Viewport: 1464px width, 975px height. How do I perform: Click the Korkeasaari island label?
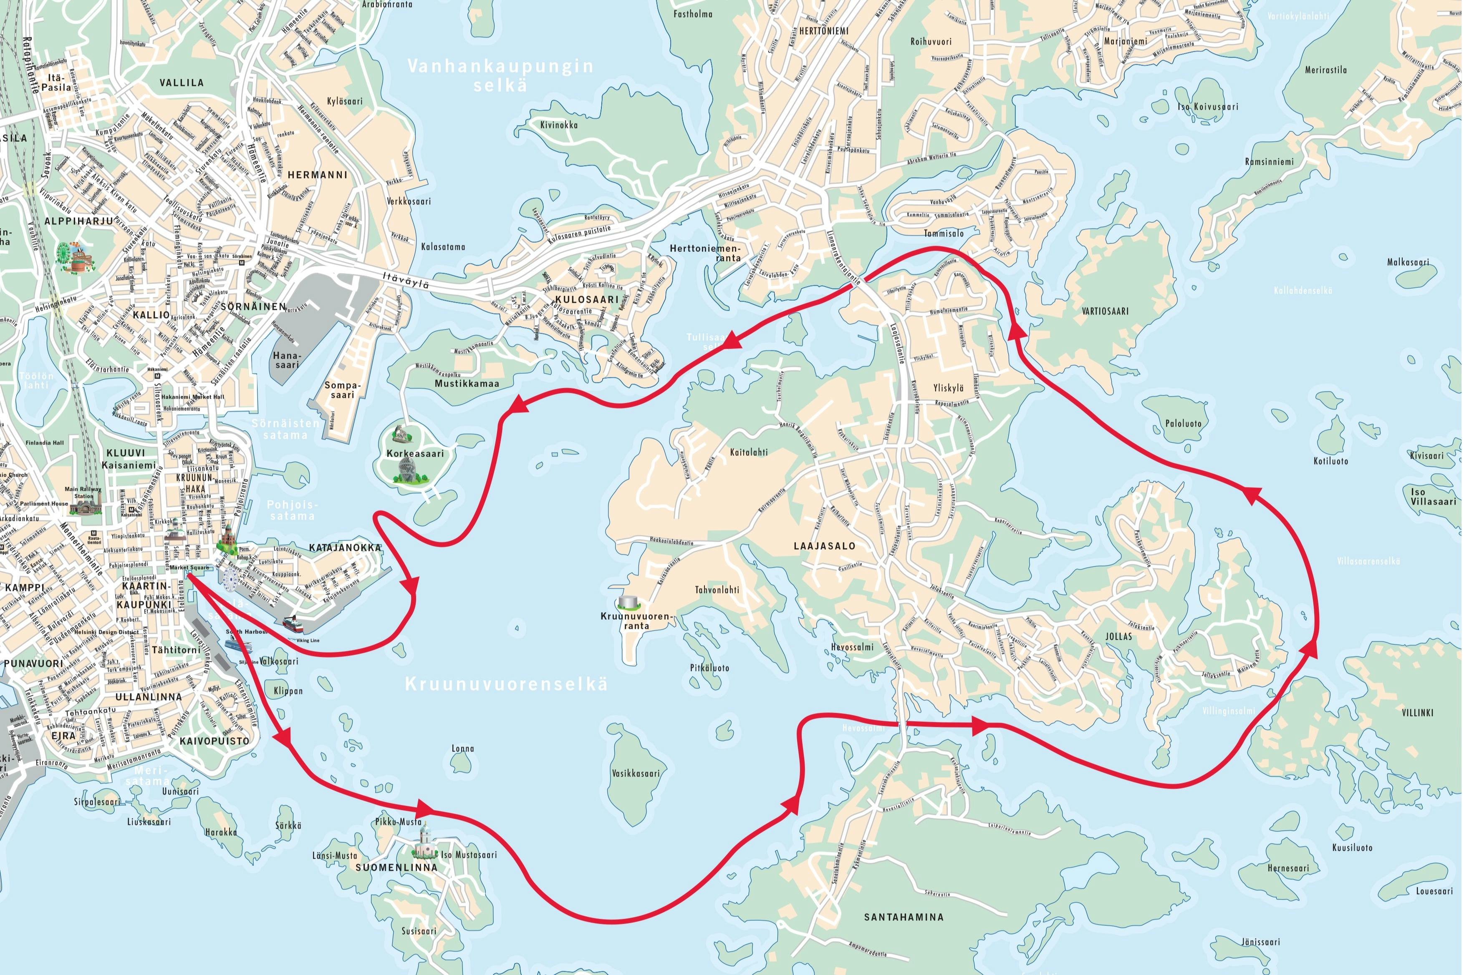[x=415, y=453]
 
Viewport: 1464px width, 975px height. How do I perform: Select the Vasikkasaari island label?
[x=635, y=774]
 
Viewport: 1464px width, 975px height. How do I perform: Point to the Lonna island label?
[x=462, y=749]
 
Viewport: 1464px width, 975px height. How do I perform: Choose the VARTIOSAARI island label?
[x=1105, y=311]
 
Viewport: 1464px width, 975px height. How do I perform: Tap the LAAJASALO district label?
[x=824, y=546]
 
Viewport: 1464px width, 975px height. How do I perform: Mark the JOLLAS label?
[x=1119, y=637]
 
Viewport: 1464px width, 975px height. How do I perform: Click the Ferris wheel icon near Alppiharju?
[x=64, y=252]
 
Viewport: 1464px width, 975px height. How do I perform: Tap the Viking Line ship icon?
[x=293, y=624]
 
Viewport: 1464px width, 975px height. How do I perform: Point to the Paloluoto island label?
[x=1184, y=423]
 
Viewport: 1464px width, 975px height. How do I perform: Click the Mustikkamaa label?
[x=467, y=384]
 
